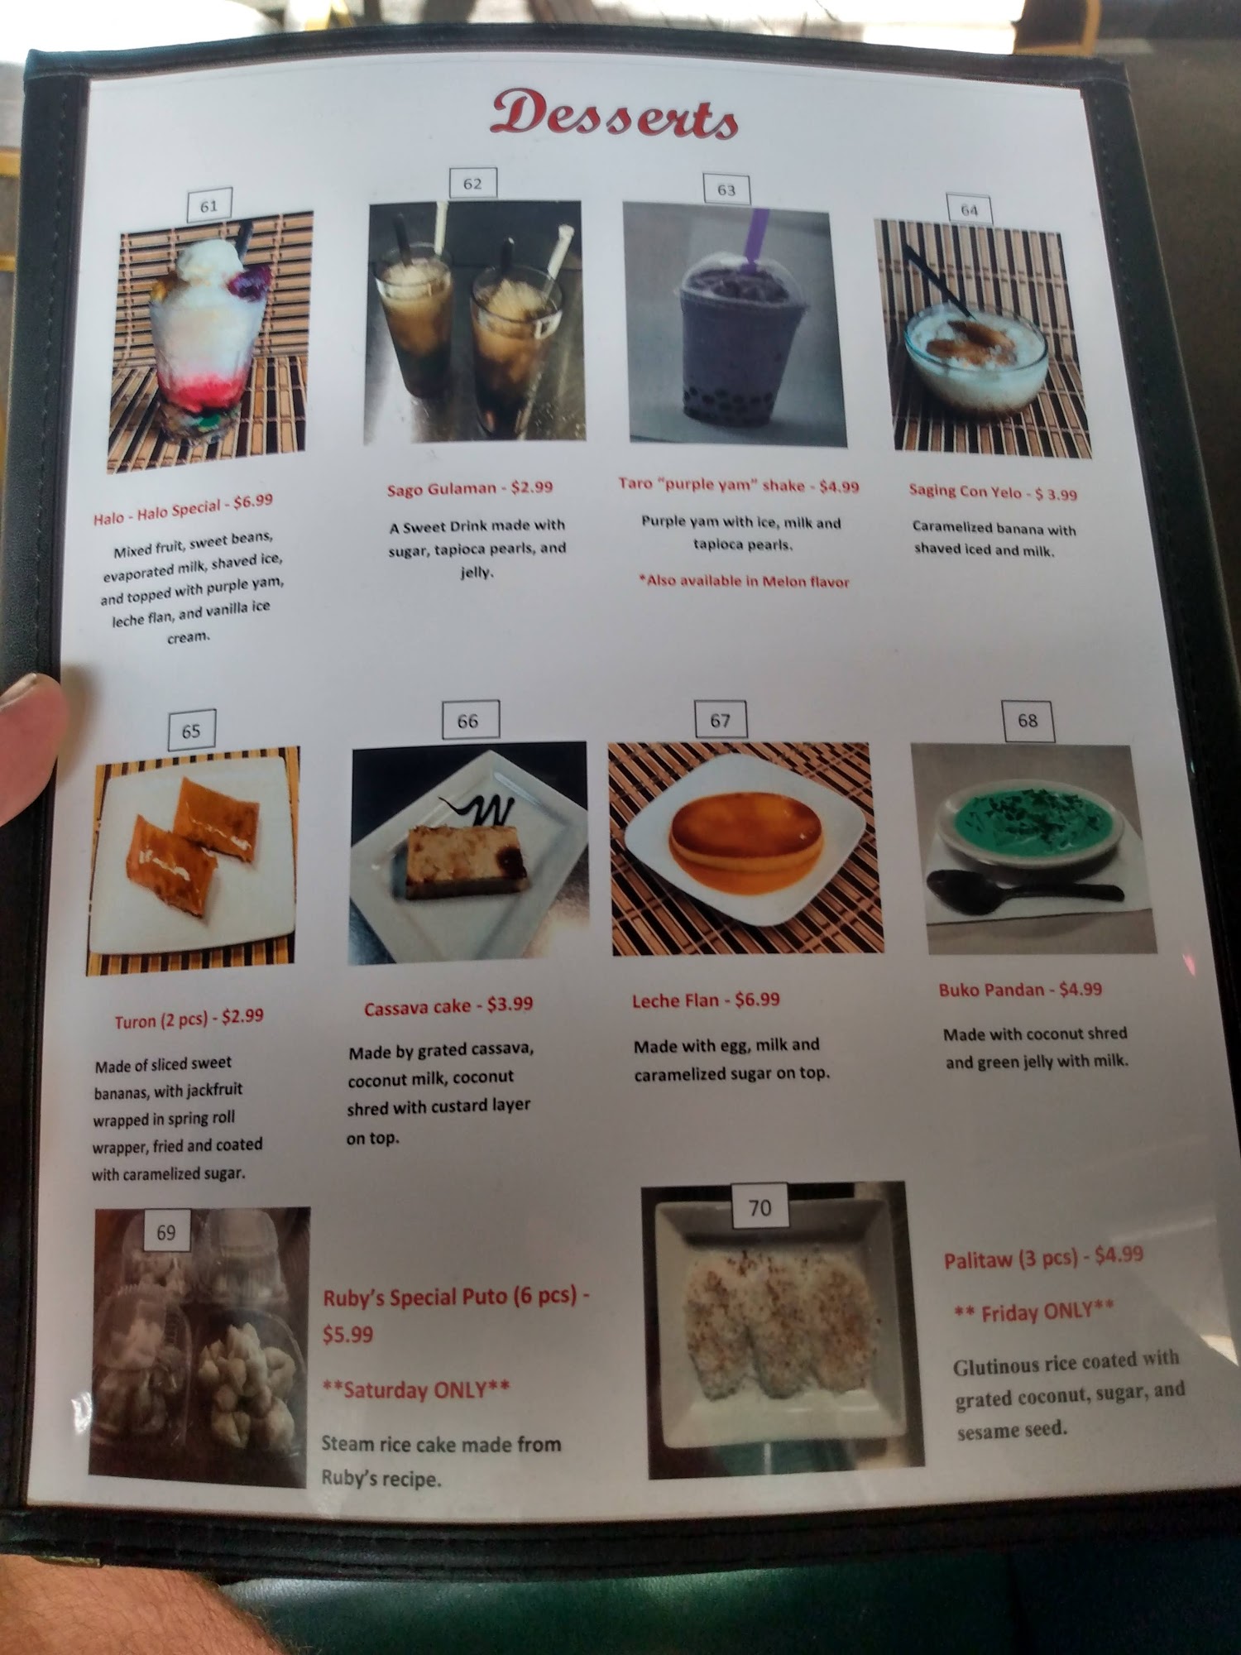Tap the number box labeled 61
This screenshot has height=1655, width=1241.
point(208,205)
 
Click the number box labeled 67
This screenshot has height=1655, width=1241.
point(720,720)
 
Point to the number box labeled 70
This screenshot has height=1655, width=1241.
point(759,1208)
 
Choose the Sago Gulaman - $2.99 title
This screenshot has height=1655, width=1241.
point(470,488)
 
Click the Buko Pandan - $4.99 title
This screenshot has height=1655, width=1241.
point(1020,989)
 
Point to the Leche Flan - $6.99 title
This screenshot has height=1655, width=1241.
point(706,1000)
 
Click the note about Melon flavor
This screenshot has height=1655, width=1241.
point(744,581)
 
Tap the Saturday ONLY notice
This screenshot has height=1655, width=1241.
point(415,1389)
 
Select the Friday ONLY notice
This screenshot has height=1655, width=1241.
point(1034,1312)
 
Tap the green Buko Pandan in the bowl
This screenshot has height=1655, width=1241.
point(1034,817)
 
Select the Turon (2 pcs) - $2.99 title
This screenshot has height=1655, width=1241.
point(189,1019)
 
